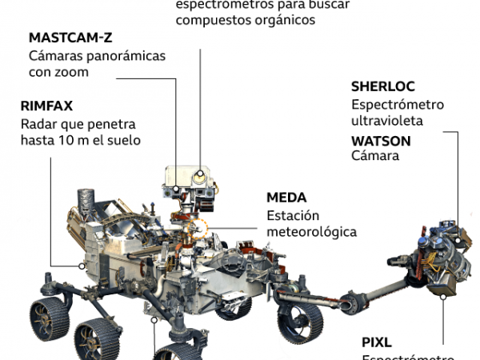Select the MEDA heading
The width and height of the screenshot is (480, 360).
click(286, 198)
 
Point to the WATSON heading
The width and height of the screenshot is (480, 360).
click(381, 140)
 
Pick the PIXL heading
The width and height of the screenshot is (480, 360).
click(377, 344)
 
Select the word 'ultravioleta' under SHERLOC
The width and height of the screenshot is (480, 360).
click(386, 121)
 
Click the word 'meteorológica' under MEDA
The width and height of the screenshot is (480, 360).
click(311, 232)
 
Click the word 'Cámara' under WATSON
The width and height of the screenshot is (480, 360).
click(375, 156)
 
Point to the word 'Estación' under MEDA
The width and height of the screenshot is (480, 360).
click(293, 215)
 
